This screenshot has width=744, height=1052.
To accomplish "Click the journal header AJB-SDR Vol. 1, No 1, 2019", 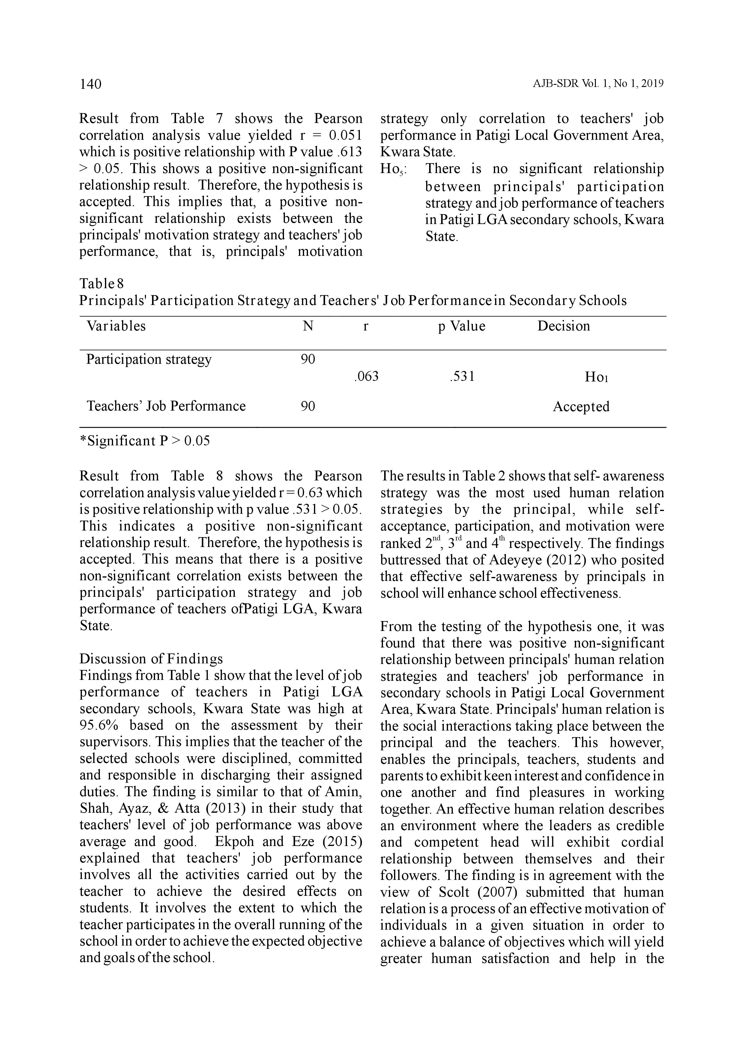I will pos(598,84).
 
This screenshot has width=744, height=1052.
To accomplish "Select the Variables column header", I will pos(116,326).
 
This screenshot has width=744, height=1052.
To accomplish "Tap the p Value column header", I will pos(461,326).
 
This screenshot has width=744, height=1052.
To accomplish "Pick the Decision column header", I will pos(563,326).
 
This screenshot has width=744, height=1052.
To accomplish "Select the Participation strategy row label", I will pos(149,359).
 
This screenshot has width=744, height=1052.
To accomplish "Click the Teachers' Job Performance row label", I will pos(166,406).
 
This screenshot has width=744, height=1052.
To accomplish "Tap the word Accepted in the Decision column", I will pos(581,406).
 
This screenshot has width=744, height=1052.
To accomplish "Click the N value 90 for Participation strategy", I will pos(308,359).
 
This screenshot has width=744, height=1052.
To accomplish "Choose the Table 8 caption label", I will pos(102,283).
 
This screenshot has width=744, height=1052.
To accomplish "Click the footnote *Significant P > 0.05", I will pos(145,441).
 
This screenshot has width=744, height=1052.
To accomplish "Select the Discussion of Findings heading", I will pos(151,659).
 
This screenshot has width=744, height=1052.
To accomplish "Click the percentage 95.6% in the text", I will pos(100,726).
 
